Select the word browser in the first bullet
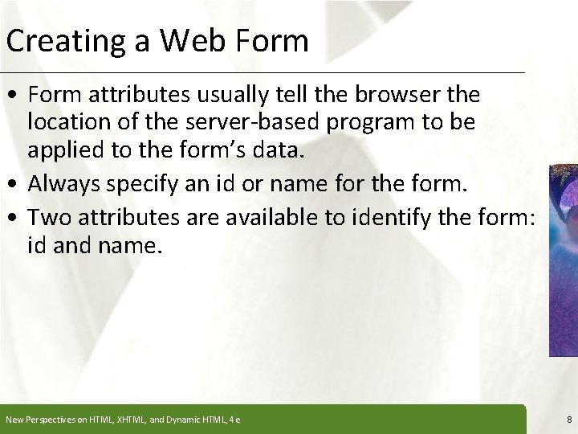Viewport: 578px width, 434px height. (x=404, y=95)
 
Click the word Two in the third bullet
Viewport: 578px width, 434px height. (x=48, y=217)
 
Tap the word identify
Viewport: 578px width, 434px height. (x=396, y=217)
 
